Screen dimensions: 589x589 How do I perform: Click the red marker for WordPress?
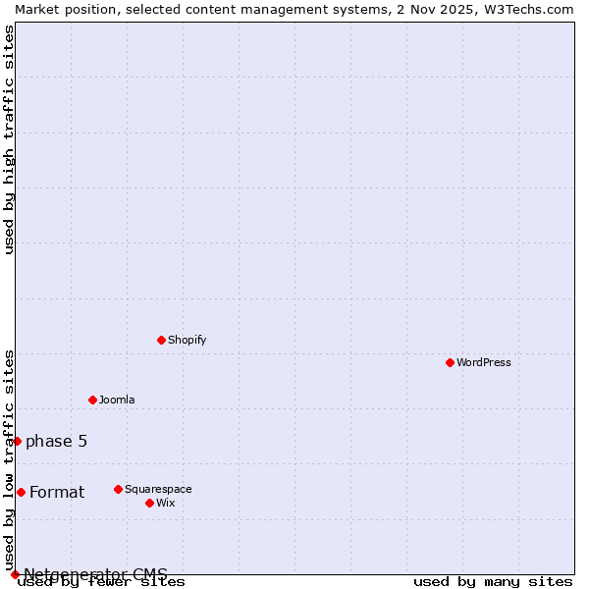(450, 362)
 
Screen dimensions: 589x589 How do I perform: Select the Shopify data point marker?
(161, 340)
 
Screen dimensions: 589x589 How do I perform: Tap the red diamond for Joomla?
(92, 400)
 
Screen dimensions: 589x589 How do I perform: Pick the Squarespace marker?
(118, 489)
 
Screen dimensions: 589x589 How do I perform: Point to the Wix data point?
(149, 503)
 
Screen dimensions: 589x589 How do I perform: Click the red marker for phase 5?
(17, 441)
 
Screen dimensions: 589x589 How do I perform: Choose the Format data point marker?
(21, 492)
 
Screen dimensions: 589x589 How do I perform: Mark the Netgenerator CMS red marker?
(15, 574)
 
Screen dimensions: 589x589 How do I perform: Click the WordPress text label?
(484, 362)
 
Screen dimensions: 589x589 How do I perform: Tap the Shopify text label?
(187, 340)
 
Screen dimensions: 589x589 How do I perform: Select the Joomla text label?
(117, 400)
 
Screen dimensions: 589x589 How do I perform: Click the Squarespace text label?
(158, 489)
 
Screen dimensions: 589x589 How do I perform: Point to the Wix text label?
(165, 503)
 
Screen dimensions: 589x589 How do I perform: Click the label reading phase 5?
(56, 441)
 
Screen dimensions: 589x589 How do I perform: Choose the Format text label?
(57, 492)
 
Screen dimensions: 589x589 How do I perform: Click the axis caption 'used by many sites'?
(493, 582)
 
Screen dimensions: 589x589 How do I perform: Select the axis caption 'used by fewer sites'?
(102, 582)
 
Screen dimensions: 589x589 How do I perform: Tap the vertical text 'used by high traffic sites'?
(9, 139)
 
